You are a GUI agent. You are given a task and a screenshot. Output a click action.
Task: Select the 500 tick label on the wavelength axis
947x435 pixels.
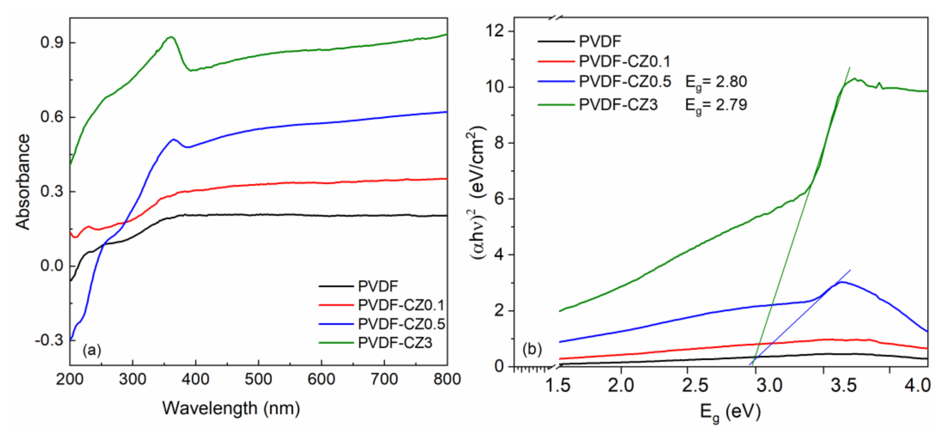258,379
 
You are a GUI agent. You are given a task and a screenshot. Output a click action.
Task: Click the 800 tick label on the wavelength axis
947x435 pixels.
446,379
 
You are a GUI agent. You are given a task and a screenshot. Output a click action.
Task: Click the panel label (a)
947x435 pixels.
91,350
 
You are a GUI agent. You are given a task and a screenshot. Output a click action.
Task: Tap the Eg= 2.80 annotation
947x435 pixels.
716,82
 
